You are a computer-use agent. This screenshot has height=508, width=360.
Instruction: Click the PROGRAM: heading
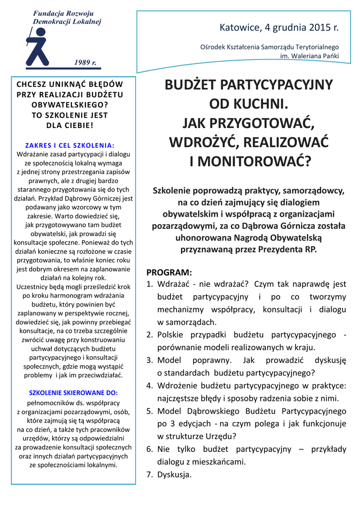pyautogui.click(x=169, y=272)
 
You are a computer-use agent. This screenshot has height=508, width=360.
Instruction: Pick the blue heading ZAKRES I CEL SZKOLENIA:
pyautogui.click(x=70, y=145)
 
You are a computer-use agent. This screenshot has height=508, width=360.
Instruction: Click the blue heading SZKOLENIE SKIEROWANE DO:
pyautogui.click(x=73, y=392)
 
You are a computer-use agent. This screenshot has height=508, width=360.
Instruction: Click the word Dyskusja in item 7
pyautogui.click(x=174, y=475)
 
